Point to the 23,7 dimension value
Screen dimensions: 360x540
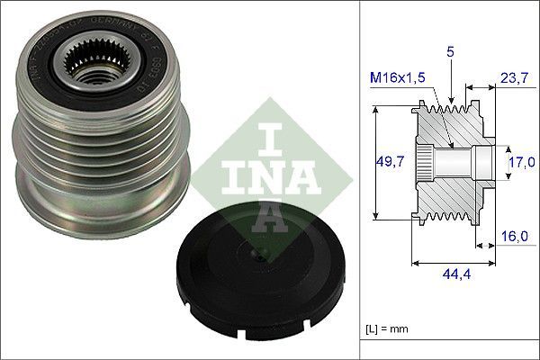514,78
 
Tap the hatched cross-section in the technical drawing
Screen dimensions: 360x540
450,193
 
